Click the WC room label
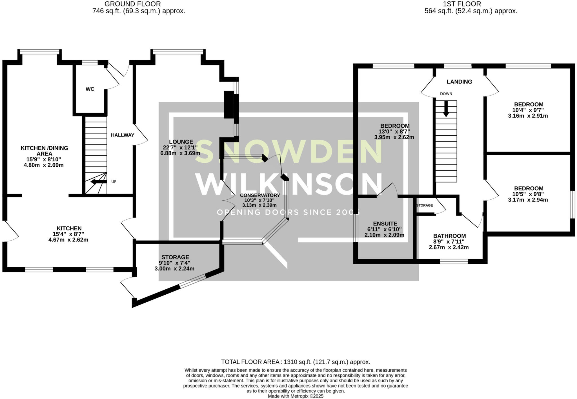pos(90,89)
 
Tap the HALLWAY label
pos(123,135)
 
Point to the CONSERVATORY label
pos(260,195)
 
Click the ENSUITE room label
pos(385,224)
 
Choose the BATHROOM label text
pos(449,236)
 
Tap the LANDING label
pos(459,82)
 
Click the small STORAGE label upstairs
pos(425,205)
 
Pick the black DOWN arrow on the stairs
pos(446,109)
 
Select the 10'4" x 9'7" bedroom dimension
pos(528,110)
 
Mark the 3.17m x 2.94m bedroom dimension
pos(528,200)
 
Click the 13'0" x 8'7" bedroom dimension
pos(394,131)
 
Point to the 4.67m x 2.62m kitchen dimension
pos(68,240)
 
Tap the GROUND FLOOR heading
pos(133,4)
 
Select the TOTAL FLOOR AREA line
pos(296,362)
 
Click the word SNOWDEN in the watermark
pos(288,152)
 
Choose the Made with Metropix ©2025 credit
pos(296,396)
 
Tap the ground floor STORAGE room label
pos(175,257)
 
